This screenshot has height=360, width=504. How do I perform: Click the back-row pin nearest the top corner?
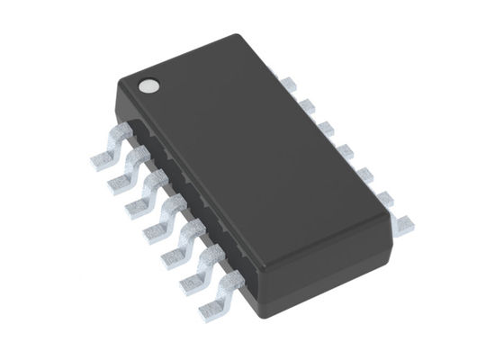(287, 84)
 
